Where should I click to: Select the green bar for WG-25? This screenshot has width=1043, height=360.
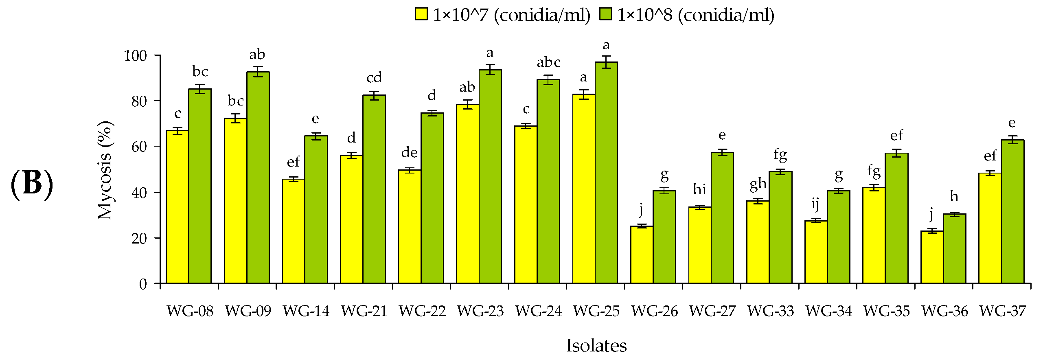(x=606, y=173)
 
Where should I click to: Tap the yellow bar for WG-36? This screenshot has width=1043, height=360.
(x=932, y=257)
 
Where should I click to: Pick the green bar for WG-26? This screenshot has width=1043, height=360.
(x=664, y=237)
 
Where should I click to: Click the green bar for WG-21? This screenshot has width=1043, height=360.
(x=374, y=189)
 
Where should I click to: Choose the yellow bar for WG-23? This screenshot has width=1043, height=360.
(x=467, y=194)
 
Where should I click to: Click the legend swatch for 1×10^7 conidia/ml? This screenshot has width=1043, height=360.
(x=421, y=14)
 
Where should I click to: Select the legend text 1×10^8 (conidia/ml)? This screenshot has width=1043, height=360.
(x=696, y=15)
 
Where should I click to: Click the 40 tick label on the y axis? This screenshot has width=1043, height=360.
(x=139, y=193)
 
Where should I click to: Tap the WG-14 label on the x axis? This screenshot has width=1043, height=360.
(x=306, y=311)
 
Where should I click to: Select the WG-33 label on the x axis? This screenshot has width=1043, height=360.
(x=771, y=311)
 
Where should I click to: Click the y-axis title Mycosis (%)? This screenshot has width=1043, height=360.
(x=105, y=170)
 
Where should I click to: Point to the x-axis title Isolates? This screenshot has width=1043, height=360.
(x=596, y=346)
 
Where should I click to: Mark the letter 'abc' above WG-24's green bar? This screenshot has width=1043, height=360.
(x=548, y=62)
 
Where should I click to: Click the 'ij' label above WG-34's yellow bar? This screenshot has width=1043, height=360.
(x=815, y=204)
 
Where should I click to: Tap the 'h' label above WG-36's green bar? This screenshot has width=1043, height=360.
(x=954, y=197)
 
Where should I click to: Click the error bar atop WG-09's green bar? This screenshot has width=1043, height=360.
(x=258, y=72)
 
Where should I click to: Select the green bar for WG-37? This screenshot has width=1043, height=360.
(x=1012, y=212)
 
